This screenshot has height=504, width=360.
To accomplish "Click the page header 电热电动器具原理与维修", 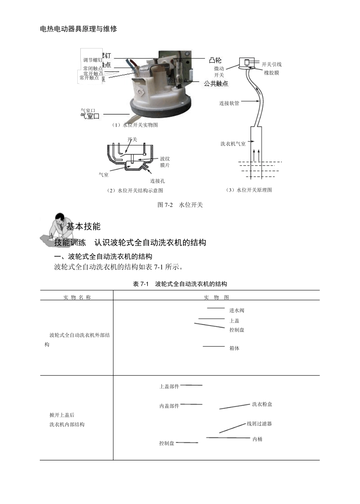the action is [78, 29].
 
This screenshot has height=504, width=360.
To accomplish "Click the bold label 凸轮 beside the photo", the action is [215, 60].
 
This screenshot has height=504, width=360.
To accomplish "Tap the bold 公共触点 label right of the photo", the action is [216, 83].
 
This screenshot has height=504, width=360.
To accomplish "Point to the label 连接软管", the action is [229, 103].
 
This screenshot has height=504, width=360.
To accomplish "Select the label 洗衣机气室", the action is [233, 144].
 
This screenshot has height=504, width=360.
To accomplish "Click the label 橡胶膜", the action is [272, 73].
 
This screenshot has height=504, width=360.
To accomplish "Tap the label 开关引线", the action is [272, 64].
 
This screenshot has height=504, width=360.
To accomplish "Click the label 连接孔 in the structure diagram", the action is [158, 181].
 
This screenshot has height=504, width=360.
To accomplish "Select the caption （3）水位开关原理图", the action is [249, 190].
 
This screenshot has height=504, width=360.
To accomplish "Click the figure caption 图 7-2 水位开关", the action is [180, 205].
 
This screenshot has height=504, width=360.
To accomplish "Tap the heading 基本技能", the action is [83, 227].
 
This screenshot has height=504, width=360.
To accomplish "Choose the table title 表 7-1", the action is [180, 284].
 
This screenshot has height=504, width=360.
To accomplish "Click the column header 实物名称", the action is [77, 297].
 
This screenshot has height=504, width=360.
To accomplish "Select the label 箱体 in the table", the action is [235, 348].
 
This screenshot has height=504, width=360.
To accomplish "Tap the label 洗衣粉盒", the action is [262, 404].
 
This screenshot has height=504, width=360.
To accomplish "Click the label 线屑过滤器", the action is [260, 424].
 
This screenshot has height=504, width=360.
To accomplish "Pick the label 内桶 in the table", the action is [258, 439].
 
